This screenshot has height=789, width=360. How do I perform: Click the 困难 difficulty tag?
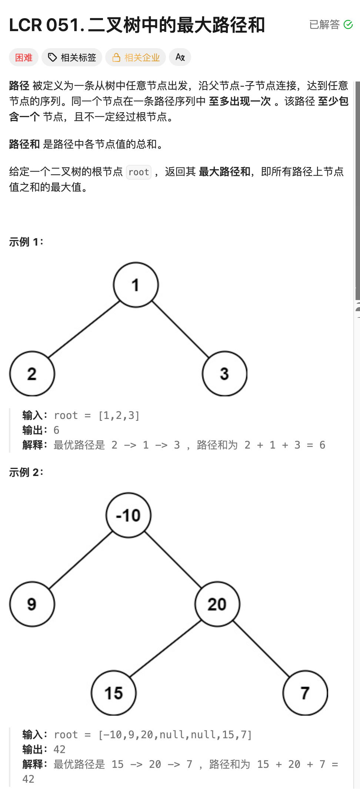(x=24, y=57)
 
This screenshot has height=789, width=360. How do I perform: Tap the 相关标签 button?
(x=72, y=57)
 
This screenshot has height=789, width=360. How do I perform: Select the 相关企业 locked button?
(x=136, y=57)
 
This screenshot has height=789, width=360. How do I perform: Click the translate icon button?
(x=180, y=57)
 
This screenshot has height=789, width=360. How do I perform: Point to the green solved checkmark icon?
(x=348, y=24)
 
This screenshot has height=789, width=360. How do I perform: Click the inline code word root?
(x=139, y=172)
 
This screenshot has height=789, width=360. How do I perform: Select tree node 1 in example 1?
(x=136, y=285)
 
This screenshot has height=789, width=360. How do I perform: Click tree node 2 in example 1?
(x=32, y=374)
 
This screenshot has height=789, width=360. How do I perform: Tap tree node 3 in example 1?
(x=224, y=374)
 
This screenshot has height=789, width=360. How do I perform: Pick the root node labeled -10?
(x=129, y=515)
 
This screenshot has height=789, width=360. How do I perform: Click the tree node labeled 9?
(x=32, y=604)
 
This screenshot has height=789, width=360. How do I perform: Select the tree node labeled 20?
(x=217, y=604)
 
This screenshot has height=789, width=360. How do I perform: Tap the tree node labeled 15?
(x=114, y=693)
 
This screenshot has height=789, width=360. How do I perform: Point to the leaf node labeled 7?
(x=305, y=693)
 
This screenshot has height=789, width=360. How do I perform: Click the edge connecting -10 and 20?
(x=173, y=560)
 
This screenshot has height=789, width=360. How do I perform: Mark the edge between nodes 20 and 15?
(x=166, y=649)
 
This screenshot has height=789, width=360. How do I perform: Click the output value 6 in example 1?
(x=56, y=430)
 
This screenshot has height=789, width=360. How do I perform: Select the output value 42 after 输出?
(x=59, y=749)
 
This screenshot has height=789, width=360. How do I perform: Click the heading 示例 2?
(x=26, y=472)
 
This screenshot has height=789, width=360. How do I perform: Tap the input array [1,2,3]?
(x=119, y=416)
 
